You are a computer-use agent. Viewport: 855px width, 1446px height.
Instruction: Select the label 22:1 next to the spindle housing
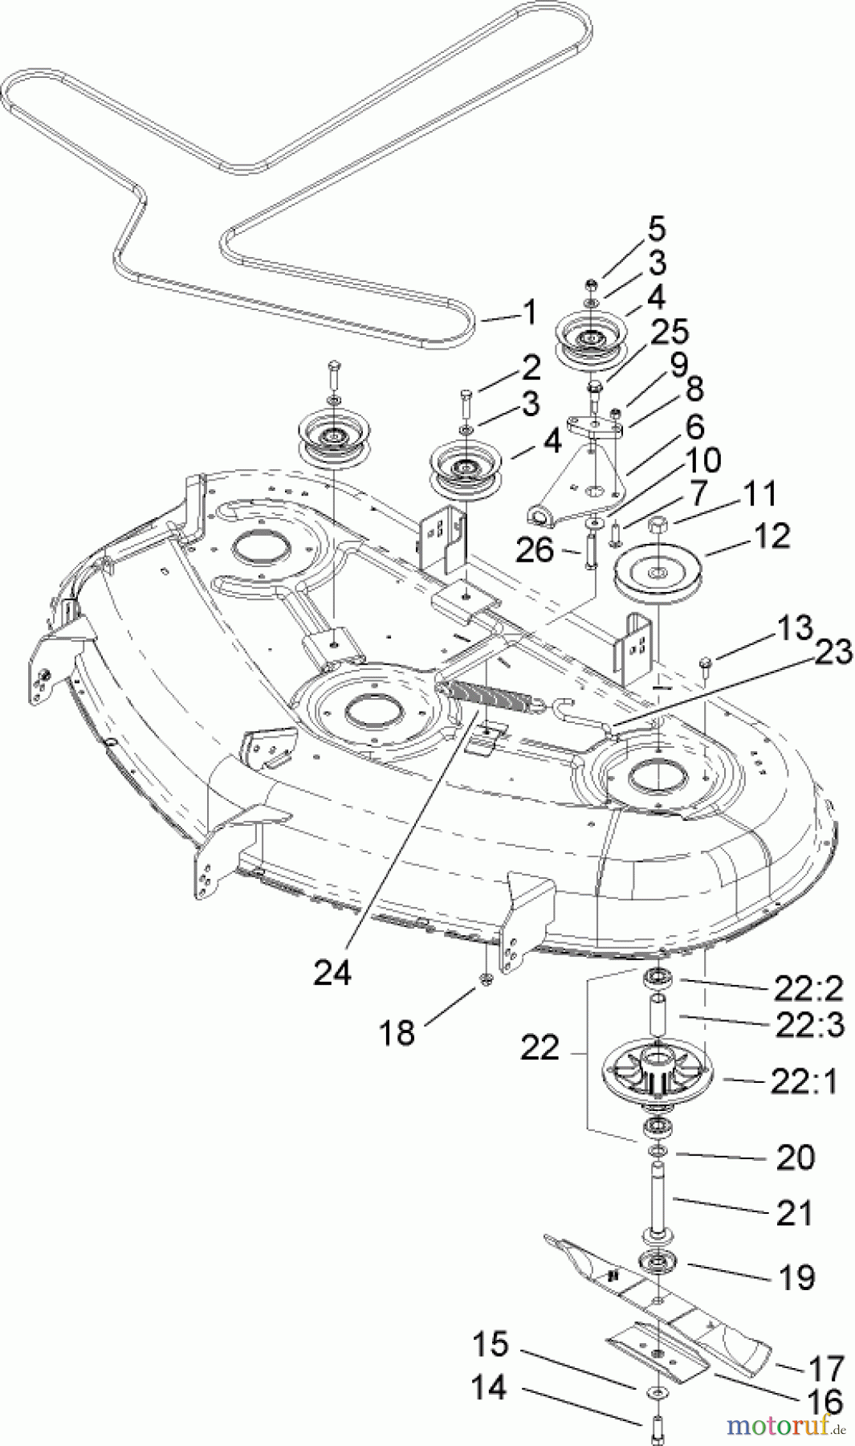pyautogui.click(x=804, y=1082)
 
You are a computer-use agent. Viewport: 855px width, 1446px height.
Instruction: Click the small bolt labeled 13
pyautogui.click(x=706, y=663)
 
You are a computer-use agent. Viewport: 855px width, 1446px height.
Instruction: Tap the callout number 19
pyautogui.click(x=796, y=1276)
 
